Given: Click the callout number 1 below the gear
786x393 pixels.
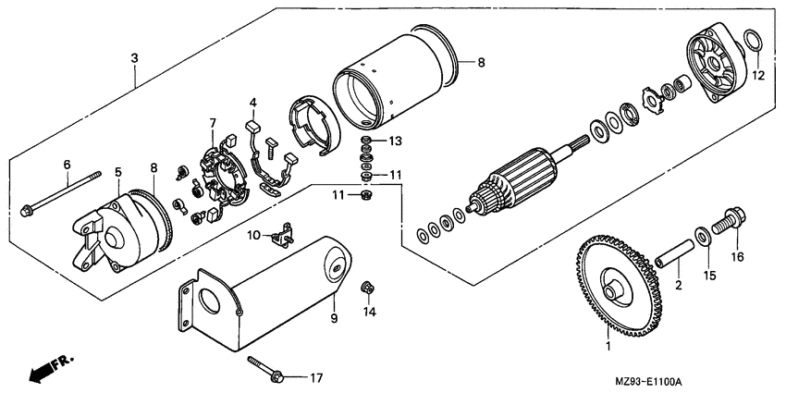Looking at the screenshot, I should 608,347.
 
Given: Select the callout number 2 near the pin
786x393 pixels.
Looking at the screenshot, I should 677,288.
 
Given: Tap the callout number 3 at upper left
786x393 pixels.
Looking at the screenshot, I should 135,57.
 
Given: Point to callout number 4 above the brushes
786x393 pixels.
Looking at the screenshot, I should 252,103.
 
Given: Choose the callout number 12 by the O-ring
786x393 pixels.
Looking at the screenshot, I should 757,75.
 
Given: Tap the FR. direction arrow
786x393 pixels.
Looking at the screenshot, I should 51,368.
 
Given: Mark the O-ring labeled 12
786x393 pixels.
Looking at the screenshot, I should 753,42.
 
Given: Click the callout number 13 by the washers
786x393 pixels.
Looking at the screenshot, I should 396,141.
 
